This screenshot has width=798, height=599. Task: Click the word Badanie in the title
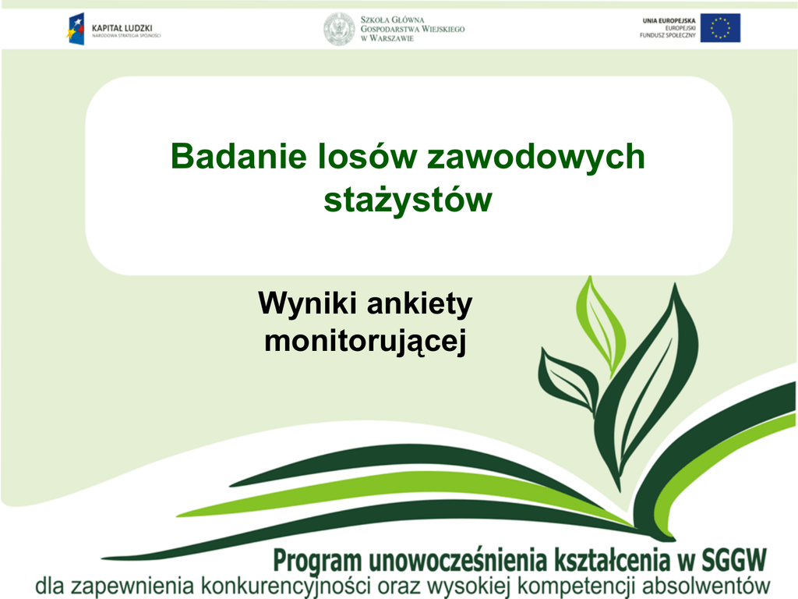238,156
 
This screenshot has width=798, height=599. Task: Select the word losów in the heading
367,156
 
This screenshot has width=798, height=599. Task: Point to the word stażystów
408,200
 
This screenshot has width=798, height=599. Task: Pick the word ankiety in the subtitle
420,305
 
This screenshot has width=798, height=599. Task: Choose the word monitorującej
365,341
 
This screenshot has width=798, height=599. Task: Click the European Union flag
720,27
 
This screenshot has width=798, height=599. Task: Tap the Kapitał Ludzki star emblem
76,29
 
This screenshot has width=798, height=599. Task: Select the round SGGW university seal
340,29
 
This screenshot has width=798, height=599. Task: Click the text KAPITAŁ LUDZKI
122,29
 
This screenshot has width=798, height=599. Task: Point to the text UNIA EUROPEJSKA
669,21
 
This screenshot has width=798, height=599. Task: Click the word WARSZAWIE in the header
391,38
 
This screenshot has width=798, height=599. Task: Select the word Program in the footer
318,562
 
